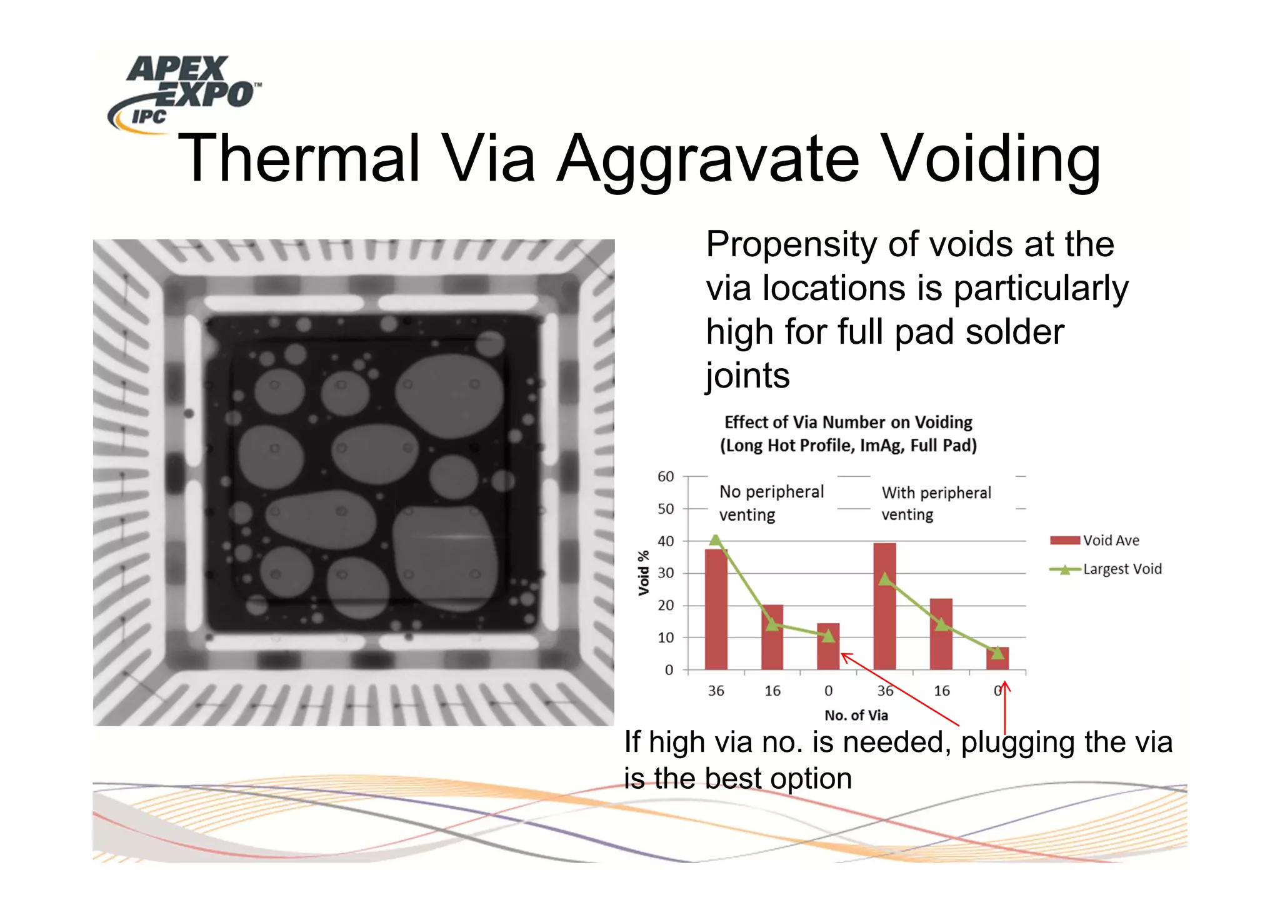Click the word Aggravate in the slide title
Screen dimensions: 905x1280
pos(708,159)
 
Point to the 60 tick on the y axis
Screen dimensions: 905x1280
pos(666,477)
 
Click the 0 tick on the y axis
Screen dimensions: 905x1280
pos(669,670)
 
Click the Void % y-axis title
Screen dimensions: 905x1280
pos(644,572)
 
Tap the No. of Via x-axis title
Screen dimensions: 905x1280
pos(856,715)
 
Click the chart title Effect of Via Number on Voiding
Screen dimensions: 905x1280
pos(848,422)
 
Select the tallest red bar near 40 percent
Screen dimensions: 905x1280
pos(884,606)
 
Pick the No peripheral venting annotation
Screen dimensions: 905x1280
pos(771,502)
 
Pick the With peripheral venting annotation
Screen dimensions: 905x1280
pos(936,503)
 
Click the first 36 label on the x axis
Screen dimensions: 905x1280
pos(716,691)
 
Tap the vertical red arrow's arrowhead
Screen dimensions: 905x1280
pos(1005,686)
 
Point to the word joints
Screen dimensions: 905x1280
pos(747,376)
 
